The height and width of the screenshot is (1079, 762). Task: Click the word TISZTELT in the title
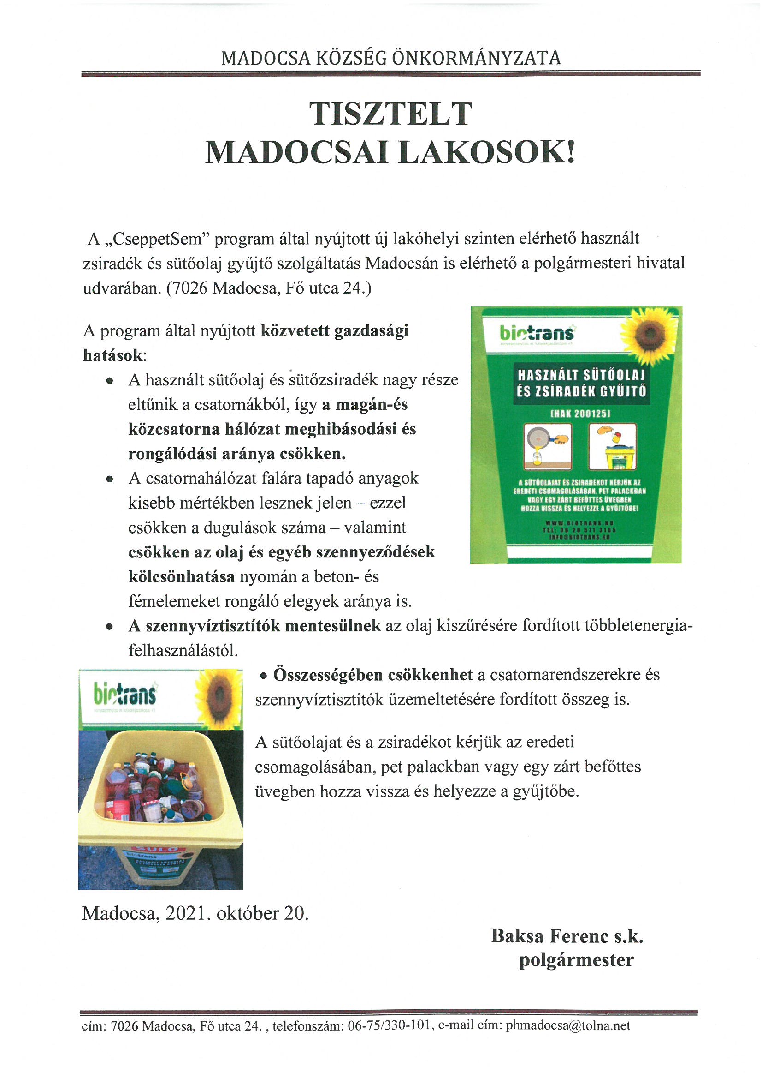click(x=390, y=114)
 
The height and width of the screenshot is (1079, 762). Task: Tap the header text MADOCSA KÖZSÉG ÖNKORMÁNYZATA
click(x=390, y=58)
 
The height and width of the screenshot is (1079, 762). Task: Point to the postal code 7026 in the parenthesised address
click(x=189, y=288)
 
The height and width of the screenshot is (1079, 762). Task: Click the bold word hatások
click(x=112, y=355)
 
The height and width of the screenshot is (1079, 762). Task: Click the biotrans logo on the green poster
click(x=537, y=333)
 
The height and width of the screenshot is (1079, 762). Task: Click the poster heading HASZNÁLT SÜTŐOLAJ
click(x=581, y=376)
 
